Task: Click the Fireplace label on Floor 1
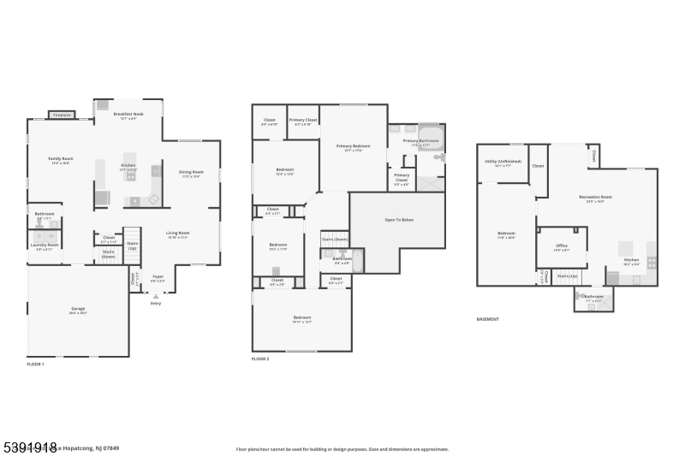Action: tap(61, 115)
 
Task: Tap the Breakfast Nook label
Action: tap(128, 115)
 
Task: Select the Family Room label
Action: tap(60, 159)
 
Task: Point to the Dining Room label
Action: tap(191, 172)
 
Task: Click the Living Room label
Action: tap(177, 233)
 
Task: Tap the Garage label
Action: tap(78, 309)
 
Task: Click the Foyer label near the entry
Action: tap(158, 277)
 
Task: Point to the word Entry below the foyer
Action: tap(155, 303)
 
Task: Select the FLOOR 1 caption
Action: tap(35, 364)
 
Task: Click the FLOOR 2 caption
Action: tap(260, 358)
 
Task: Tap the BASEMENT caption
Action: tap(487, 319)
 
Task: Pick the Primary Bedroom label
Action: tap(353, 146)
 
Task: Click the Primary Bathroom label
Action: tap(420, 140)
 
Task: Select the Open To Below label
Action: tap(396, 220)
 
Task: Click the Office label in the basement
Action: tap(562, 246)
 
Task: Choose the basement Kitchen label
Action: tap(631, 260)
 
